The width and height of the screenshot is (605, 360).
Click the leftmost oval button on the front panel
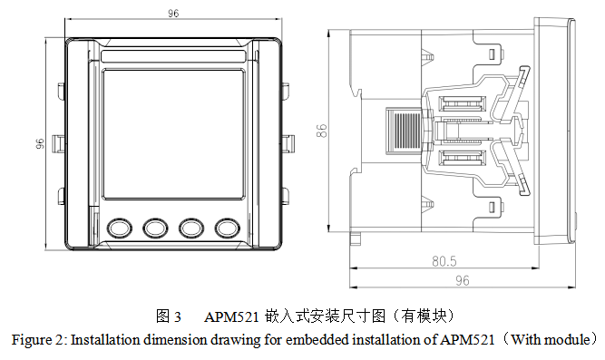tap(119, 228)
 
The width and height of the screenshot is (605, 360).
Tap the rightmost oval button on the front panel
tap(228, 228)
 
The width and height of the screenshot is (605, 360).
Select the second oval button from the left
tap(155, 228)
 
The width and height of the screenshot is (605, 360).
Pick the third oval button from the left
tap(191, 228)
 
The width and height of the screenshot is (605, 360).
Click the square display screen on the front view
tap(173, 134)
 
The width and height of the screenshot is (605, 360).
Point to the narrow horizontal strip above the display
tap(173, 56)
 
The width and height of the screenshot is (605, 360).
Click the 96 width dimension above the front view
tap(173, 13)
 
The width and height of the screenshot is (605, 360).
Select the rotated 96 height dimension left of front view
tap(40, 143)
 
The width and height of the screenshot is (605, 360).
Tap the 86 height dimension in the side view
tap(321, 131)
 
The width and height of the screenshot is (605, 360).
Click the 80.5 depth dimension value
tap(444, 261)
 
